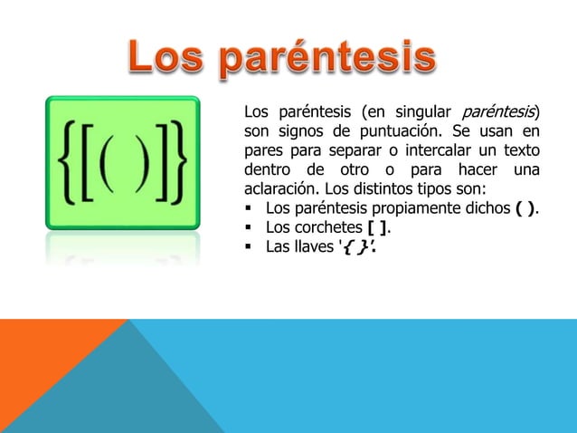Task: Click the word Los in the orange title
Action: pyautogui.click(x=166, y=56)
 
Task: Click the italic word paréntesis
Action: pyautogui.click(x=498, y=112)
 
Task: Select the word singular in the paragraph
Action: pyautogui.click(x=423, y=112)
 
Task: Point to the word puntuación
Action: pyautogui.click(x=401, y=131)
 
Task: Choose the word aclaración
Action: pyautogui.click(x=282, y=188)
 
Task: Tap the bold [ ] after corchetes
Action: pyautogui.click(x=377, y=227)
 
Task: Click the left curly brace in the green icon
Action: pyautogui.click(x=67, y=162)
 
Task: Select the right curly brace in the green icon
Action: pyautogui.click(x=178, y=162)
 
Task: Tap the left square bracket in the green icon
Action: pyautogui.click(x=87, y=162)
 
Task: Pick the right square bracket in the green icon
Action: pyautogui.click(x=162, y=162)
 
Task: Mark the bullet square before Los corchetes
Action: pyautogui.click(x=249, y=227)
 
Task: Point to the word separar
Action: pyautogui.click(x=355, y=150)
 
